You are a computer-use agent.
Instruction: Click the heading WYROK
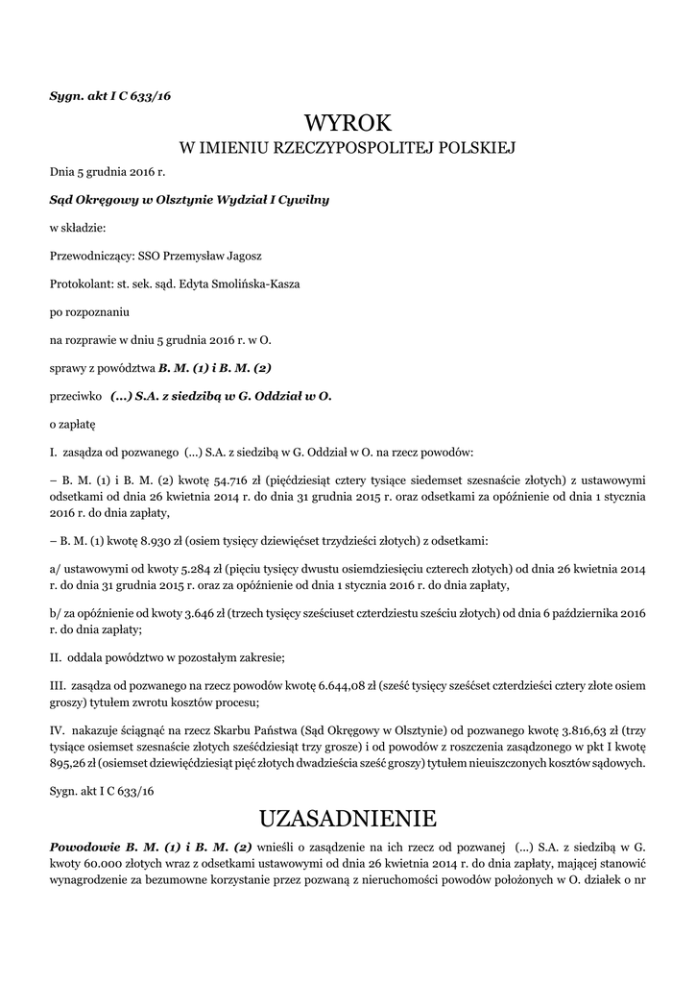pyautogui.click(x=348, y=123)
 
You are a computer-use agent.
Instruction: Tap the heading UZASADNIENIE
pyautogui.click(x=348, y=819)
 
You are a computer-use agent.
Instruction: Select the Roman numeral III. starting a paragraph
pyautogui.click(x=57, y=687)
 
